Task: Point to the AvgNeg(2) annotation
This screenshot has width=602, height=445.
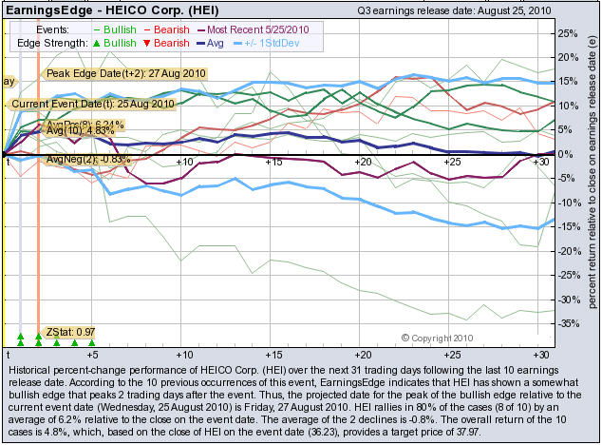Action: (x=86, y=159)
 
